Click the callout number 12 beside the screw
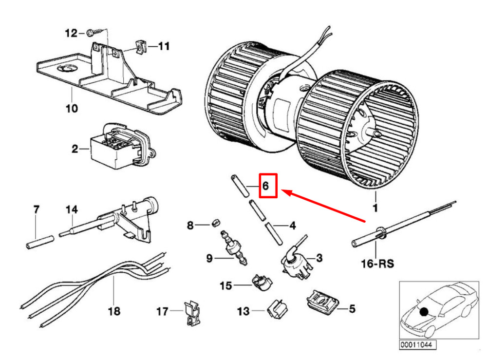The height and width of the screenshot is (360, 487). coord(71,33)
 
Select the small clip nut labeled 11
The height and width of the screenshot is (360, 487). coord(140,47)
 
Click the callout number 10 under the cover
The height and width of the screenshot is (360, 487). coord(72,108)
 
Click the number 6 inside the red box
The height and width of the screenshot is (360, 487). coord(265,186)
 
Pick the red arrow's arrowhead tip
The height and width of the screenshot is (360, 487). coord(282,190)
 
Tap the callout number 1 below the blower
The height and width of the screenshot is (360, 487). coord(375,208)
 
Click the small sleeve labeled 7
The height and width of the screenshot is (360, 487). coord(39,242)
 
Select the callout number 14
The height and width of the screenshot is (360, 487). coord(72,209)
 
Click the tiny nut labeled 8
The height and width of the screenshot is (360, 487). coord(216,223)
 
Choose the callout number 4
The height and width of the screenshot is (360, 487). coord(292,226)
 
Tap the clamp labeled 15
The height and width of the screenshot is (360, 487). coord(262,282)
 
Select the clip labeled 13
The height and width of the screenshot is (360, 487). coord(278,309)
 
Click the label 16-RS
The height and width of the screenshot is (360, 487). coord(377,264)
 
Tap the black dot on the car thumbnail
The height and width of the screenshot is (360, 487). coord(424,312)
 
